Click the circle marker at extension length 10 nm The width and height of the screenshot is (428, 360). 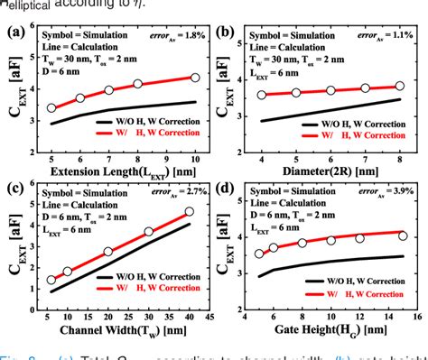point(194,78)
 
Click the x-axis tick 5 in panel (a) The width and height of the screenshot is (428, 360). point(51,155)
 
